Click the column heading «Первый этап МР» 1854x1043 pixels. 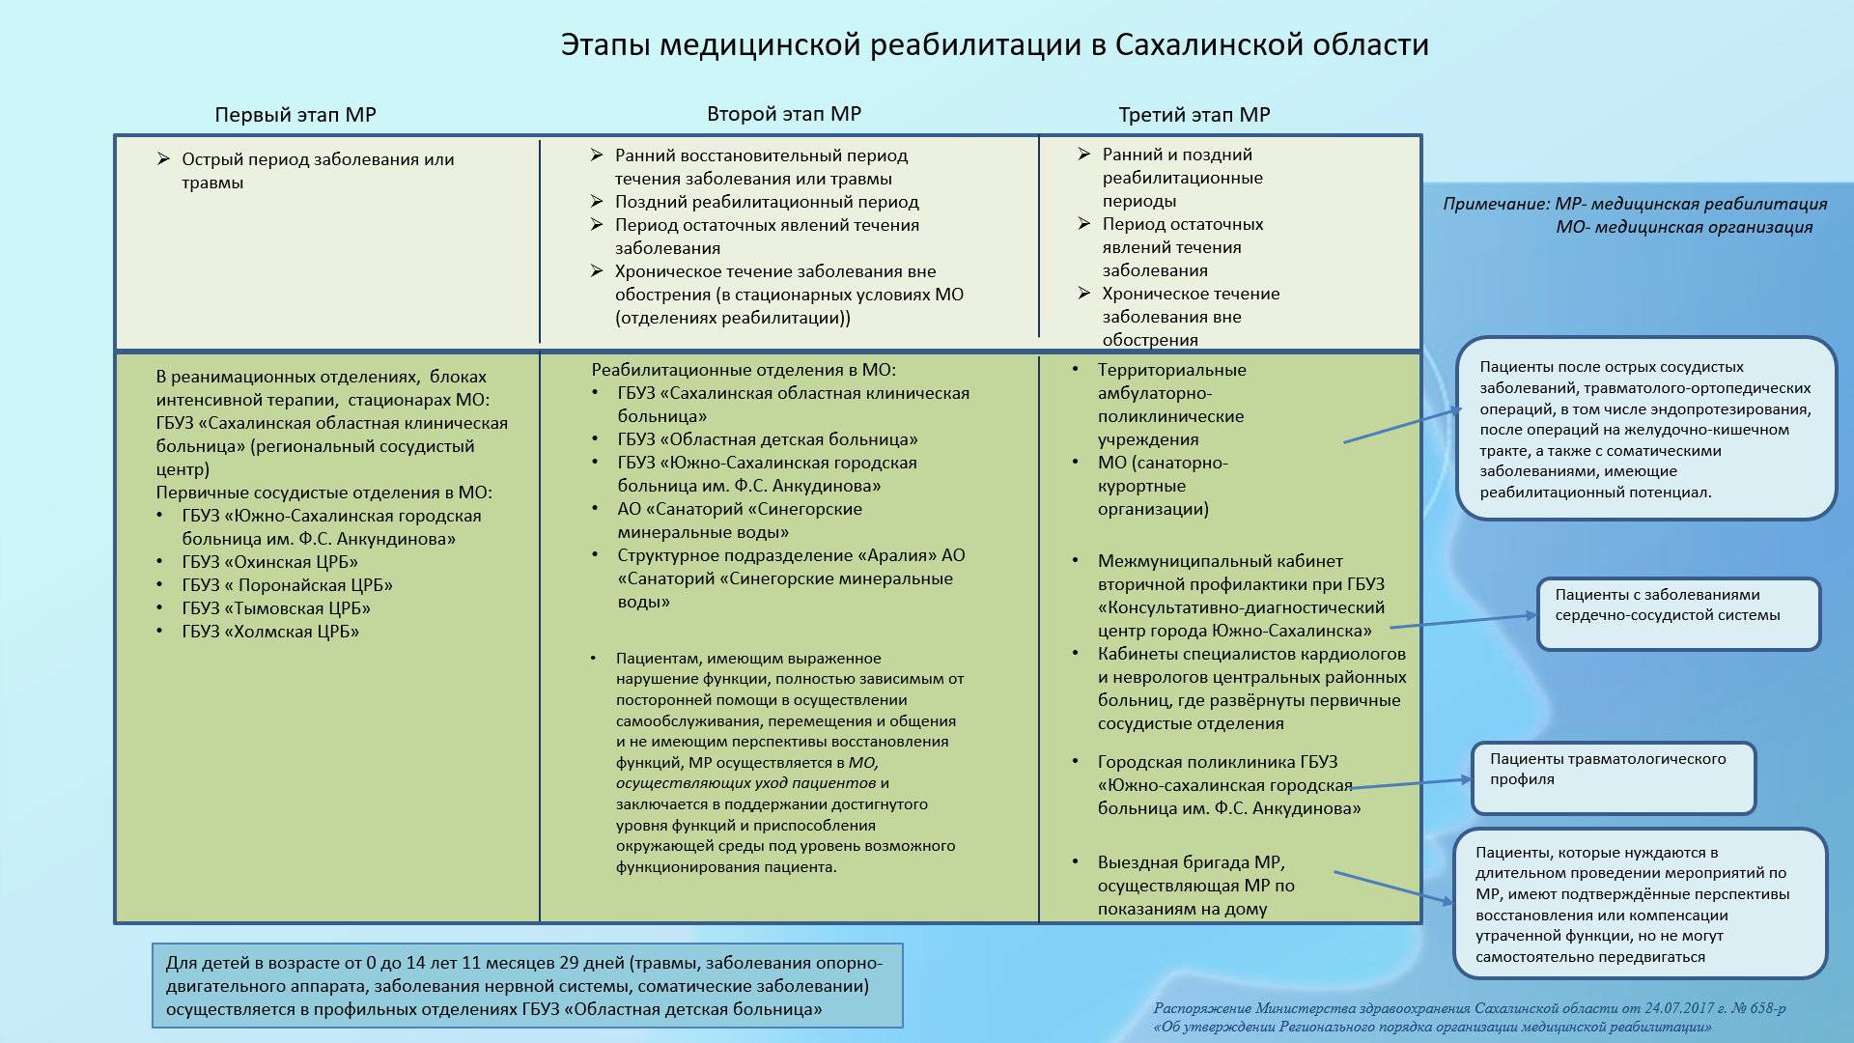(295, 115)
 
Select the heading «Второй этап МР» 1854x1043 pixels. (783, 114)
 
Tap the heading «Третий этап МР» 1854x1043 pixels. (1194, 115)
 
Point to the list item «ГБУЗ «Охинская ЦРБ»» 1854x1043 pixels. (269, 562)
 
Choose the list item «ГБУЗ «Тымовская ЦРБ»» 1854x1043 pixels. (276, 608)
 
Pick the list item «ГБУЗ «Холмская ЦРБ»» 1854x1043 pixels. (270, 632)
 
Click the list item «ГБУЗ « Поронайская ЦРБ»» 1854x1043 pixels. (287, 585)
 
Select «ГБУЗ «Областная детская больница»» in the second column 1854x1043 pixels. (768, 439)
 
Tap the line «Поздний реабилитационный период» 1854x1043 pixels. (767, 202)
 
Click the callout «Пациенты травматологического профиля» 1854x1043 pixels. (1612, 777)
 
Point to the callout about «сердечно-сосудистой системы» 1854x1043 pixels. (1677, 613)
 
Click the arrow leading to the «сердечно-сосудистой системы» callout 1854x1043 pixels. (1462, 621)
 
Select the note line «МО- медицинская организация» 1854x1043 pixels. (1684, 227)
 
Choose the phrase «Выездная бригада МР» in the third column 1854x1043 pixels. (1191, 862)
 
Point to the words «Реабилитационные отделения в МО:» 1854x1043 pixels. (744, 370)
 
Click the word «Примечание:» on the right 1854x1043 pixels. (1496, 204)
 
